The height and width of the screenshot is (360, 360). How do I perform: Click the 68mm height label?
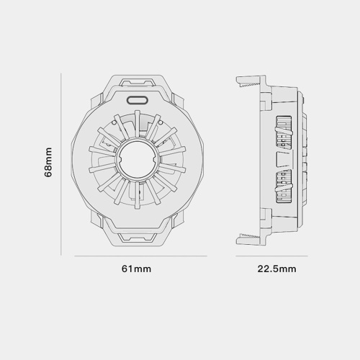click(48, 162)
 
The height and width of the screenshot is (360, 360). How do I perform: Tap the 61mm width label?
click(136, 269)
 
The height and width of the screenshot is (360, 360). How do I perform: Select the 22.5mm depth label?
click(276, 269)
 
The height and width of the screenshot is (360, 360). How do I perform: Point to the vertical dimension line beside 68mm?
click(61, 164)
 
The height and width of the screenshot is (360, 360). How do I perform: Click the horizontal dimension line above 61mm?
click(141, 256)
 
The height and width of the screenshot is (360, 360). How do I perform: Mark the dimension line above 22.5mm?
click(271, 256)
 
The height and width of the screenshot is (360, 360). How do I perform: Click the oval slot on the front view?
click(137, 100)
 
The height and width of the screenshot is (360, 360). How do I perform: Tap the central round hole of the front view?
click(137, 159)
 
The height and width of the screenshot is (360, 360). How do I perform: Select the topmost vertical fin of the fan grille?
click(137, 125)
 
